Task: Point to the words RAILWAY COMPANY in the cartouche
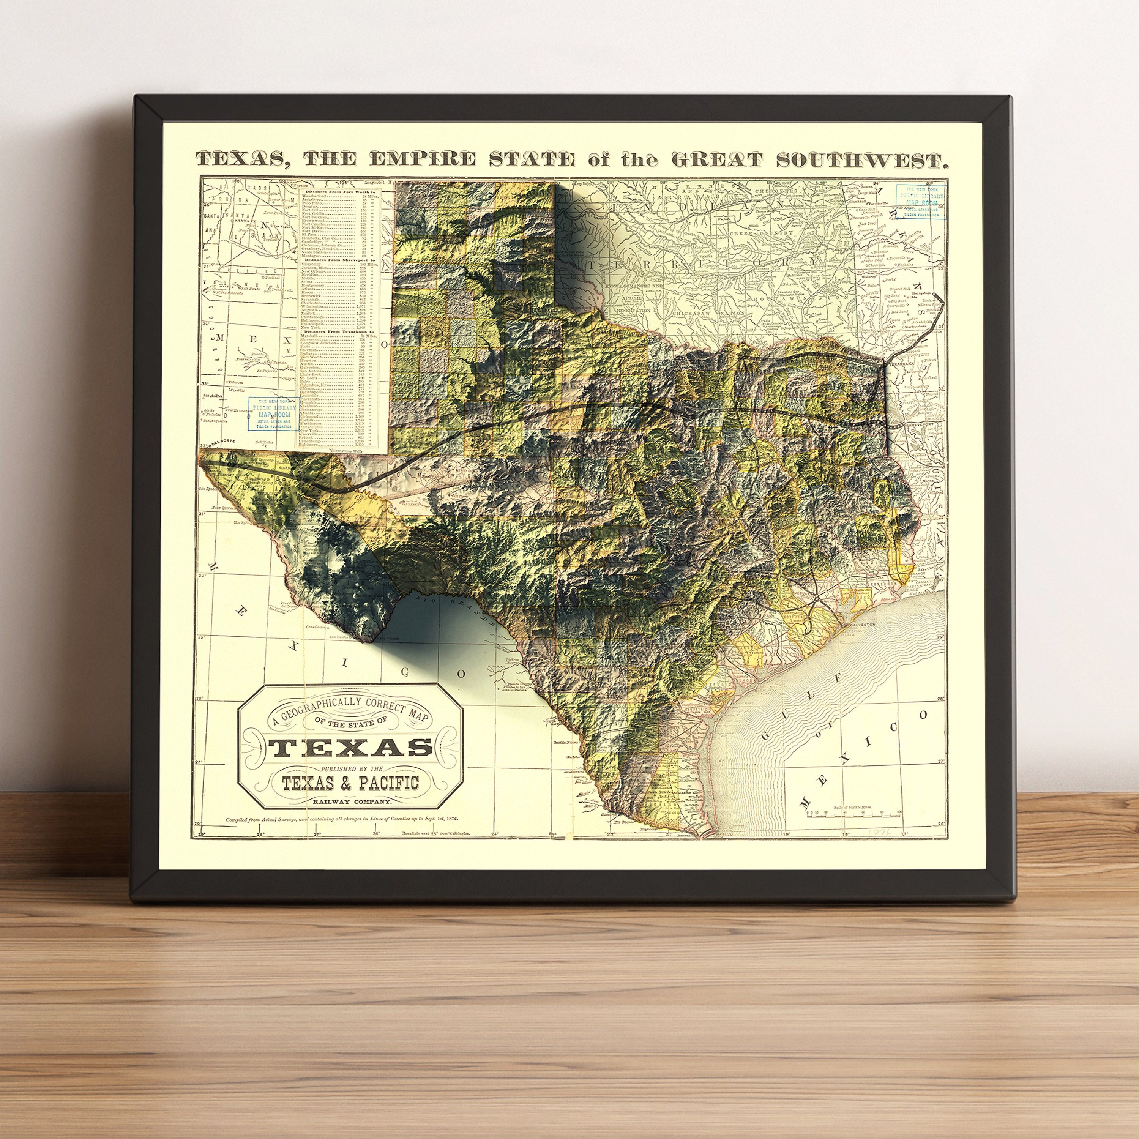coord(351,801)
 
